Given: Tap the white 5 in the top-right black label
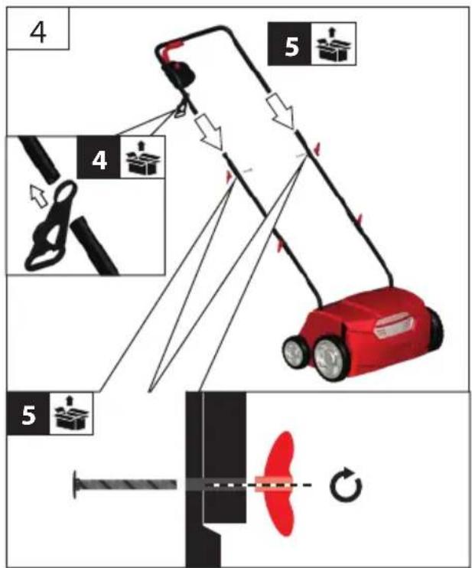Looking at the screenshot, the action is click(x=291, y=46).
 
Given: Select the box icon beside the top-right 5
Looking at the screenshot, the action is click(x=334, y=44).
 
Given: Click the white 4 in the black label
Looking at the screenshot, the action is click(x=99, y=160).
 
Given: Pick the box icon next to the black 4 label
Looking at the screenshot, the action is click(x=142, y=158).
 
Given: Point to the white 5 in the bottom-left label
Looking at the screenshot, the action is click(x=29, y=415).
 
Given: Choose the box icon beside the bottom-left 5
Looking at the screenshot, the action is click(x=72, y=413).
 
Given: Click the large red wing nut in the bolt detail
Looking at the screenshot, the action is click(x=280, y=484).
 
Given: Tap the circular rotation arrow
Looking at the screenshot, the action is click(x=346, y=485).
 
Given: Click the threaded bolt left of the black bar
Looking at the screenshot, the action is click(x=125, y=484).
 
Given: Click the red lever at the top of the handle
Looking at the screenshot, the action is click(x=170, y=50).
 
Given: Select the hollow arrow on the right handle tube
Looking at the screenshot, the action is click(x=282, y=111).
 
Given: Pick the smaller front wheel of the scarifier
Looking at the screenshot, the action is click(x=295, y=353).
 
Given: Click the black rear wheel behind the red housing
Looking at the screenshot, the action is click(x=435, y=328).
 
